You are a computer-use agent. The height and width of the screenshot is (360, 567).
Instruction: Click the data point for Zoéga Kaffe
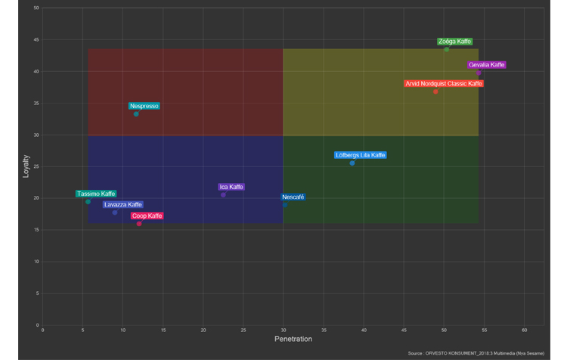coord(446,49)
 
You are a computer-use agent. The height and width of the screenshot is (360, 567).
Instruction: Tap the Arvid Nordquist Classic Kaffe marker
coord(436,92)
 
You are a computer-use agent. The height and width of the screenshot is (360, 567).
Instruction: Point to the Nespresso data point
coord(136,114)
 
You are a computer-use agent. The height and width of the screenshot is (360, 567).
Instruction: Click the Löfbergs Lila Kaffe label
coord(361,155)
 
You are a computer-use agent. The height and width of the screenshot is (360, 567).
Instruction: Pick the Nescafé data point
coord(285,205)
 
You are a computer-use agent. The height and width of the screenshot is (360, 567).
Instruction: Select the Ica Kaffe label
coord(231,187)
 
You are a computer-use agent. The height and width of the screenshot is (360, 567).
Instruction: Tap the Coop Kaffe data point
coord(139,224)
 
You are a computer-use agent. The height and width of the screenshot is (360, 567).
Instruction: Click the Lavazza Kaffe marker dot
coord(115,213)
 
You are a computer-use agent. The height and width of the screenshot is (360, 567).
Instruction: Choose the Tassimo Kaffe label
coord(96,194)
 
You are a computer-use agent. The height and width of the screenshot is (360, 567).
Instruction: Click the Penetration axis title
coord(293,339)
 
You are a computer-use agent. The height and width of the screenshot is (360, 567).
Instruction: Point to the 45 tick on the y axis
coord(36,40)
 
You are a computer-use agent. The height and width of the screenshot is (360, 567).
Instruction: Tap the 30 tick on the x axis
coord(283,331)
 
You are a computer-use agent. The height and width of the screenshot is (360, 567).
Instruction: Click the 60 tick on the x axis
coord(525,331)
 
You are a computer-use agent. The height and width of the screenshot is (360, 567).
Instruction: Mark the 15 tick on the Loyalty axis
coord(36,230)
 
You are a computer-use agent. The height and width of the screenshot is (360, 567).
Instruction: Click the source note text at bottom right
coord(476,353)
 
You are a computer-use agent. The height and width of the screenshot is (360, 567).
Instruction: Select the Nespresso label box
coord(144,106)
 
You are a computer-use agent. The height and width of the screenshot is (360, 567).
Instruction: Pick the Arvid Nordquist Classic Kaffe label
coord(443,83)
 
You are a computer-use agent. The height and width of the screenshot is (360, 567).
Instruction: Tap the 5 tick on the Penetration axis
coord(82,331)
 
